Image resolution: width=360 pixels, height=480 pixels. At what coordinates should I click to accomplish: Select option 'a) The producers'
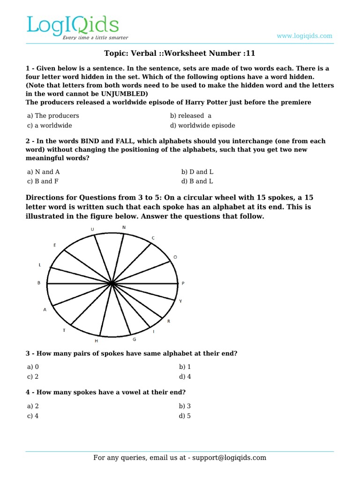click(x=53, y=115)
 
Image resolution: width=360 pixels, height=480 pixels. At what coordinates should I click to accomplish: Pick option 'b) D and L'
click(x=197, y=172)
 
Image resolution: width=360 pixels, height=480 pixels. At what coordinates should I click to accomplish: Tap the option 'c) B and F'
click(x=43, y=181)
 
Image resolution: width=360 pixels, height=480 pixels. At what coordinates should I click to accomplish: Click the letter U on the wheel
click(x=92, y=229)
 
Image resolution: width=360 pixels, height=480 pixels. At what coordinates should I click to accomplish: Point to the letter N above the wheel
click(x=124, y=227)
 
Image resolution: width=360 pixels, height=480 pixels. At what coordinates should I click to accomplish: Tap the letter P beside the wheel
click(x=183, y=284)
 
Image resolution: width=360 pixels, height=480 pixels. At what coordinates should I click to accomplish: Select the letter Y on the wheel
click(x=180, y=301)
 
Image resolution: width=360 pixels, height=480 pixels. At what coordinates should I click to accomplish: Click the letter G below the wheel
click(x=135, y=339)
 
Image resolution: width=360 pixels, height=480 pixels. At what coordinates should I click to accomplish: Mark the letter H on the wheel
click(x=97, y=341)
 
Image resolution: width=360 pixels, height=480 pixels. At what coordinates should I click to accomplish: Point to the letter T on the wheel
click(x=64, y=330)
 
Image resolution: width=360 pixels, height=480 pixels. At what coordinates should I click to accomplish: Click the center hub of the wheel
click(x=112, y=284)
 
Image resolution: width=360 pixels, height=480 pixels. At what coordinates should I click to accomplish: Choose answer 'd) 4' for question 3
click(x=185, y=376)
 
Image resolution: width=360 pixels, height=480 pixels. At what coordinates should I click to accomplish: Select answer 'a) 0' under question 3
click(x=33, y=367)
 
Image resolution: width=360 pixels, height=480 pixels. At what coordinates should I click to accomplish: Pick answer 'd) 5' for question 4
click(x=185, y=416)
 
